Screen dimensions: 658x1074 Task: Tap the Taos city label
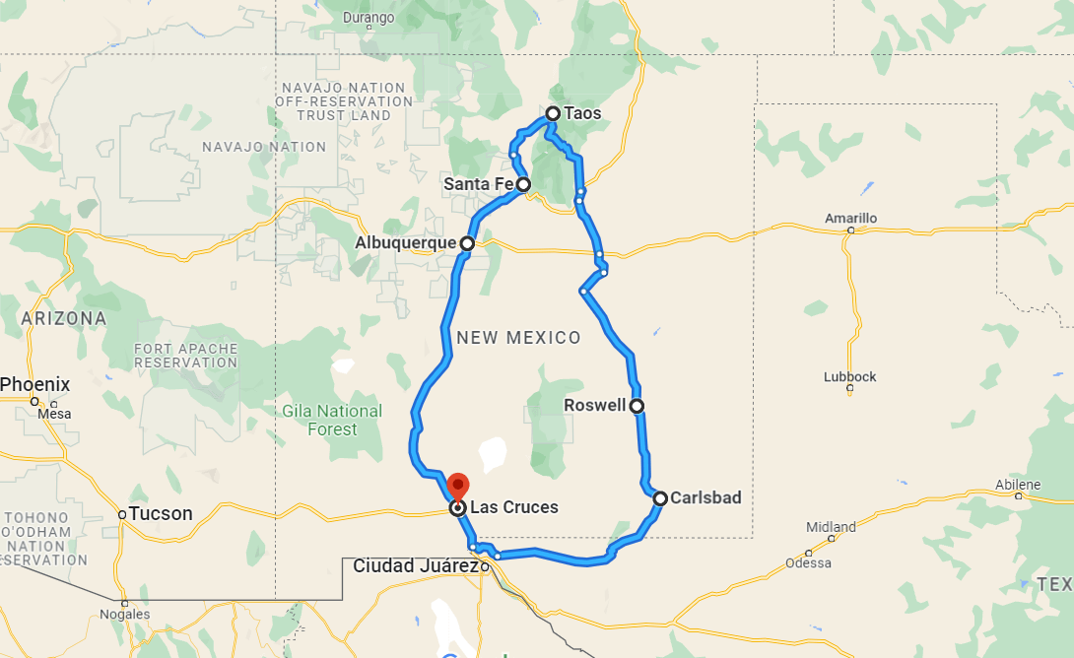tap(582, 114)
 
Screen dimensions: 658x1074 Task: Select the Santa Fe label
tap(478, 184)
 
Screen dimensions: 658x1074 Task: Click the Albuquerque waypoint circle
tap(466, 243)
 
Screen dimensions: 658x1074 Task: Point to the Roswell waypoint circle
tap(637, 406)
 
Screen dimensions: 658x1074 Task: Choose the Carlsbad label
tap(705, 498)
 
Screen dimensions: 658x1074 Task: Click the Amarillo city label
tap(851, 218)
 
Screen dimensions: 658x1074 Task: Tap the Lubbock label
tap(849, 377)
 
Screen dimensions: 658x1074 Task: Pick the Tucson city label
tap(161, 514)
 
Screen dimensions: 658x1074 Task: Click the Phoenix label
tap(35, 384)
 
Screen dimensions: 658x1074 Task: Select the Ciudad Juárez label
tap(415, 566)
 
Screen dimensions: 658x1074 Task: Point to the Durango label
tap(368, 18)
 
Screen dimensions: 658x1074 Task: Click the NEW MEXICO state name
tap(519, 338)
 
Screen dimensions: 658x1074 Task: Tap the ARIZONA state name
tap(63, 319)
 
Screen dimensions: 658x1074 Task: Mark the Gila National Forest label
tap(332, 420)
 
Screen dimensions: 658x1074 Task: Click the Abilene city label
tap(1018, 485)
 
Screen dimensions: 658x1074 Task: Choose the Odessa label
tap(808, 563)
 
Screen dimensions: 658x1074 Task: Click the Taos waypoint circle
tap(554, 114)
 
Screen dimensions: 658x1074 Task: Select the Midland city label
tap(831, 527)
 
